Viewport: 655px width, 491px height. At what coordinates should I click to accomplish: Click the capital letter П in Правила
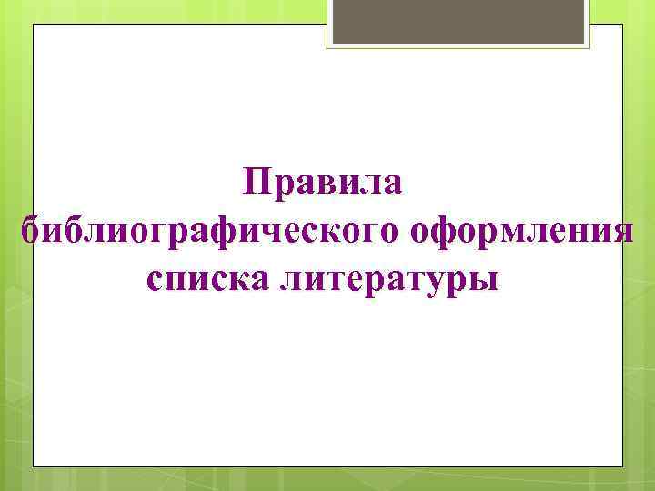257,185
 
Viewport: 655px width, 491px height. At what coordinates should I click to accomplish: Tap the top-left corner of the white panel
34,25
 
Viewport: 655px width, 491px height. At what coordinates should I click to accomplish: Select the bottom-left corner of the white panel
34,466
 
